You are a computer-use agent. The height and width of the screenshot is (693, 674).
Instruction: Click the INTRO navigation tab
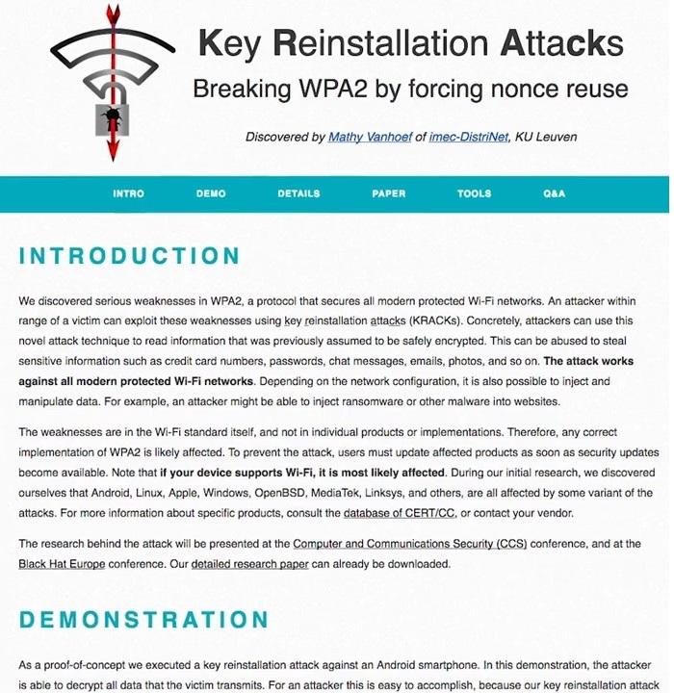point(128,193)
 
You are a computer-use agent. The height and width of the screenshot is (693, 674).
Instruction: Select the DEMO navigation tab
point(211,193)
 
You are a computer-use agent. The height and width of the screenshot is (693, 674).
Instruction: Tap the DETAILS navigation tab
point(298,193)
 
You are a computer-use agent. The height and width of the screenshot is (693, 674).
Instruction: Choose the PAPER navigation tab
point(388,193)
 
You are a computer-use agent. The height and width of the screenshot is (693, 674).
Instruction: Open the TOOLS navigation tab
point(474,193)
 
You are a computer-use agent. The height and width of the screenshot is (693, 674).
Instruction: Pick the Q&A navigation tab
point(554,193)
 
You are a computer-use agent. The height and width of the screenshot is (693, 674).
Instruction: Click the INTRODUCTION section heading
point(129,256)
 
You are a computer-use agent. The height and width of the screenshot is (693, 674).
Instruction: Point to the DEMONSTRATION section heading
point(143,619)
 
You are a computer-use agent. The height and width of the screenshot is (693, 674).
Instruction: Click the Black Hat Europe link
point(60,564)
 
